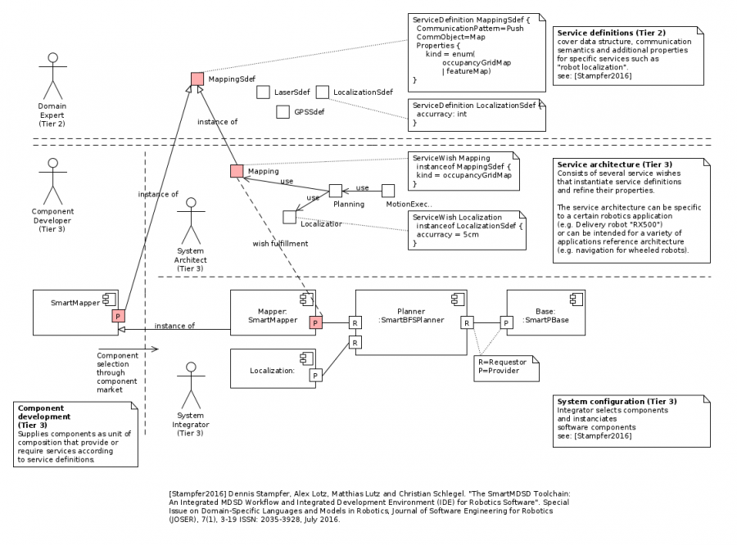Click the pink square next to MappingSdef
[x=197, y=79]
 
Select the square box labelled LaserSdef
[x=263, y=92]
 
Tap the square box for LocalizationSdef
[x=323, y=92]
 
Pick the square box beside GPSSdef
[x=283, y=111]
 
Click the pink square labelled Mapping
[x=237, y=171]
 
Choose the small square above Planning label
[x=335, y=191]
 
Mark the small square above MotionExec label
[x=388, y=191]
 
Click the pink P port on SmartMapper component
[x=118, y=316]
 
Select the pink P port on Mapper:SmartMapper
[x=315, y=323]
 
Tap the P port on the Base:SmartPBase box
[x=507, y=323]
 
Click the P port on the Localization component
[x=315, y=376]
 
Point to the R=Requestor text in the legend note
[x=501, y=362]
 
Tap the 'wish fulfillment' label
[x=280, y=243]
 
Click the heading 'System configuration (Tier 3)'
[x=616, y=402]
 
